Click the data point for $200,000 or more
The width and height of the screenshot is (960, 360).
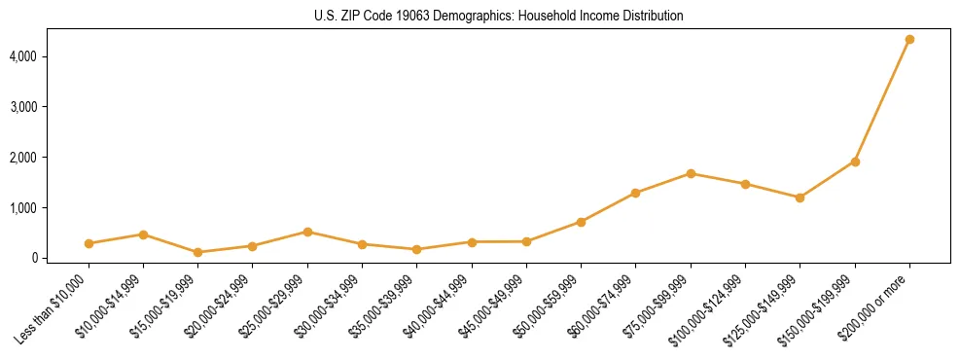tap(909, 39)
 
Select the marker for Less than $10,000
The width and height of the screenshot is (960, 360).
tap(89, 243)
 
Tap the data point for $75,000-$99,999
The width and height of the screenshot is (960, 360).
tap(691, 173)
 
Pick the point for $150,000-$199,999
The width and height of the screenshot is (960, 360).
tap(855, 162)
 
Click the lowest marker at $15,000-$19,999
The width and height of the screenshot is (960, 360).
tap(197, 252)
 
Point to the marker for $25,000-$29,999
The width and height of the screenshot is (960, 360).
tap(307, 232)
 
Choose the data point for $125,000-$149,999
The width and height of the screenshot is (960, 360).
tap(800, 198)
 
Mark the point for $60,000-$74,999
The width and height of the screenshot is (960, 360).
tap(635, 193)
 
